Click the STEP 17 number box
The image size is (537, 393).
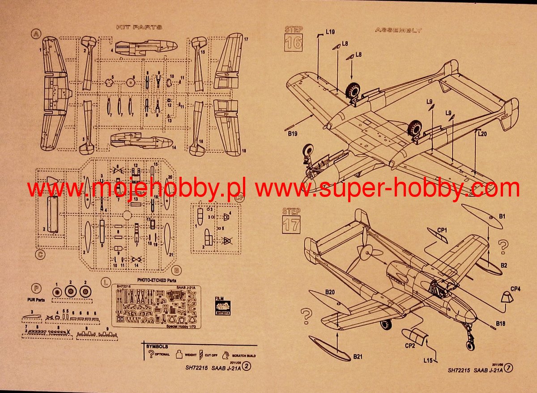tap(291, 223)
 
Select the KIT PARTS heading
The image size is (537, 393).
tap(139, 27)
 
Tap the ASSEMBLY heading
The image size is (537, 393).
tap(398, 30)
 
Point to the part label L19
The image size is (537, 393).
tap(330, 32)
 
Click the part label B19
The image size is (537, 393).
tap(293, 133)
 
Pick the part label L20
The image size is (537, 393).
tap(482, 133)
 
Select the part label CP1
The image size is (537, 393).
tap(442, 230)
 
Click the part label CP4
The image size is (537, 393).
tap(516, 289)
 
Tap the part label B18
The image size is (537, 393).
tap(500, 323)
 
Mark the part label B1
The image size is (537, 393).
tap(503, 216)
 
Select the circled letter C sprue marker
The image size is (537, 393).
tap(40, 255)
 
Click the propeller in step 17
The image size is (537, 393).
tap(366, 253)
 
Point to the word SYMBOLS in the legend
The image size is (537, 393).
tap(157, 346)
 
